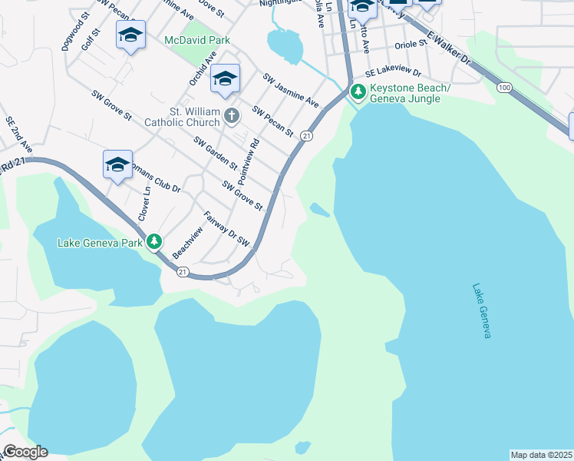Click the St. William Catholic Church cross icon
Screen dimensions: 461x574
tap(232, 117)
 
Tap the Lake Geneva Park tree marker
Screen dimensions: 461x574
tap(155, 242)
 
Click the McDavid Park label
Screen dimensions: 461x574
tap(197, 39)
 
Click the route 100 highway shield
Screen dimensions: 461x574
tap(504, 88)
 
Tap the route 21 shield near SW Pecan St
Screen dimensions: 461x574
tap(306, 135)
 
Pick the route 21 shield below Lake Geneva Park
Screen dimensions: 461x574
tap(183, 271)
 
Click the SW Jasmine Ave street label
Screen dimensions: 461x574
tap(291, 90)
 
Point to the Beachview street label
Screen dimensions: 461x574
tap(188, 244)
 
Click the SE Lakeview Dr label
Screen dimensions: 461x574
tap(393, 71)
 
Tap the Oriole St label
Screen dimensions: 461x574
tap(410, 45)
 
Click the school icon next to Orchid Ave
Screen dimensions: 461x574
tap(225, 79)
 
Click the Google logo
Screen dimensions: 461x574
tap(25, 452)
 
